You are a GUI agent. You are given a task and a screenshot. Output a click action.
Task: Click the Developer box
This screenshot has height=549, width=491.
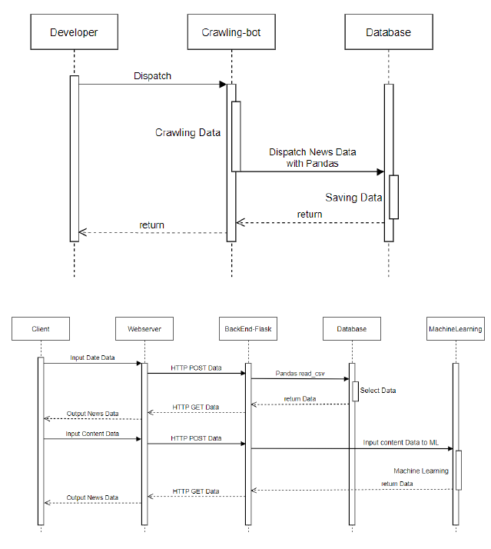point(74,32)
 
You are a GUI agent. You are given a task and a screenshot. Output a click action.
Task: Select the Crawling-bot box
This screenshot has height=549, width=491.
point(231,32)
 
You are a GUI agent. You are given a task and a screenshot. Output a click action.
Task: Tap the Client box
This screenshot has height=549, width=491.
point(41,329)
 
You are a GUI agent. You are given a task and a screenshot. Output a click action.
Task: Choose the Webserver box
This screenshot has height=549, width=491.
point(144,329)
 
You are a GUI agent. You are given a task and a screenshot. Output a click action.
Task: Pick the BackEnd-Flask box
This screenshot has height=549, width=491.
point(247,329)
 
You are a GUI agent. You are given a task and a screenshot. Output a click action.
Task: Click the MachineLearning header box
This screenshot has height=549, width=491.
point(455,329)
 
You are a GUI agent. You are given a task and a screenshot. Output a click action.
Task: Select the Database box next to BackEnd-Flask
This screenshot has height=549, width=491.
point(351,329)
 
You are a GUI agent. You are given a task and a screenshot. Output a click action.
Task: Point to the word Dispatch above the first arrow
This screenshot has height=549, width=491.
point(152,76)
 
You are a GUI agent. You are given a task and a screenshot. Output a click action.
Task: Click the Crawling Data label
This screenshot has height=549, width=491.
point(187,133)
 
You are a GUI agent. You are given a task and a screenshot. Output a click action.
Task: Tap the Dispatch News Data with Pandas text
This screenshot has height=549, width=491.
point(312,158)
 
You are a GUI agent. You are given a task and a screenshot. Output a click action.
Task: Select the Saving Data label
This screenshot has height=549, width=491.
point(353,198)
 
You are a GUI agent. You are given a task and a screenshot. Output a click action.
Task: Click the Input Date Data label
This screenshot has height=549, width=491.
point(92,358)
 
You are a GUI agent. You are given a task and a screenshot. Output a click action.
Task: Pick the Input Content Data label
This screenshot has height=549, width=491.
point(92,434)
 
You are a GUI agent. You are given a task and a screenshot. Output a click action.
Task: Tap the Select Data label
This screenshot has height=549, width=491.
point(377,391)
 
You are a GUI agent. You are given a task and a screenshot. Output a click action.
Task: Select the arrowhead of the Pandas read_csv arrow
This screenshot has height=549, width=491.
point(347,379)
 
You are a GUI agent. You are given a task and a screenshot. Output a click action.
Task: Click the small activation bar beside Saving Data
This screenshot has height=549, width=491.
point(393,197)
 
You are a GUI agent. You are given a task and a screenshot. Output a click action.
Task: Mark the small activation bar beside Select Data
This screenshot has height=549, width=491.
point(355,391)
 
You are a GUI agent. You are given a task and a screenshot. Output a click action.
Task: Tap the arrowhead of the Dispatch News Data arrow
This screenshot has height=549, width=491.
point(380,172)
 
